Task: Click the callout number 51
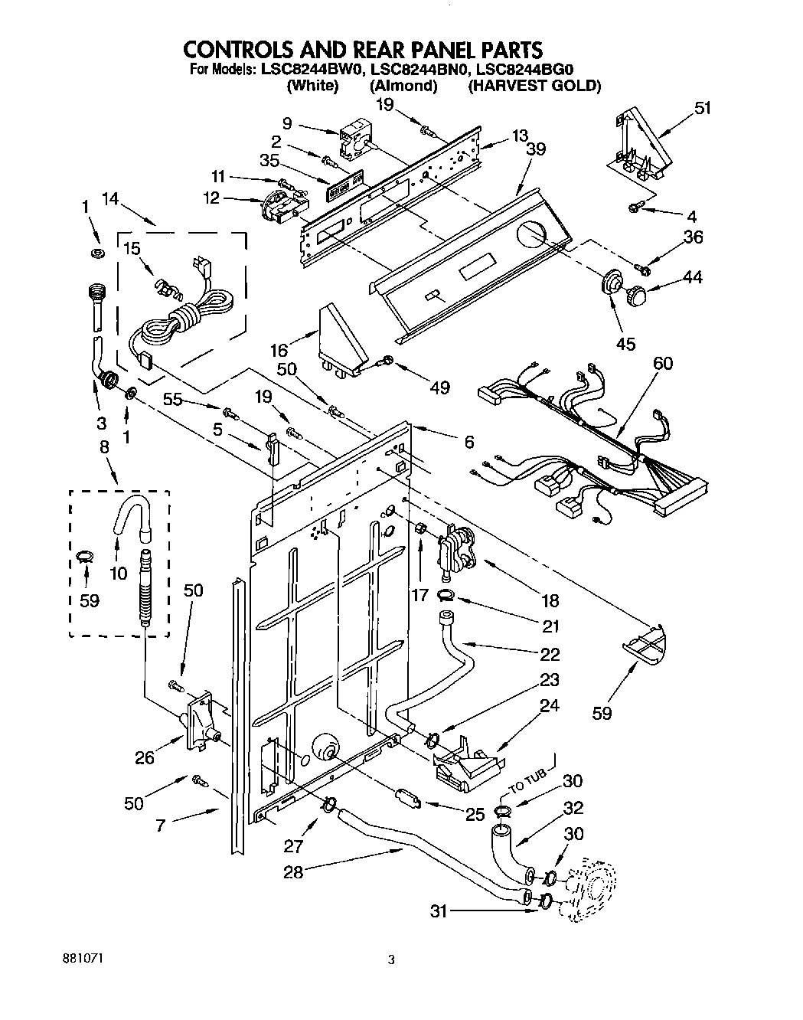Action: tap(702, 108)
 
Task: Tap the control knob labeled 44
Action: tap(637, 293)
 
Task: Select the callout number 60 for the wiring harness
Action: tap(663, 362)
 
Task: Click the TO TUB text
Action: tap(528, 791)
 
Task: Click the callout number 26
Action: tap(144, 758)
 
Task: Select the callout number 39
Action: tap(536, 149)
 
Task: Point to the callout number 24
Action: tap(549, 705)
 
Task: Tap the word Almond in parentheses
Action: tap(403, 86)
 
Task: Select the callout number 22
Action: tap(550, 654)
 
